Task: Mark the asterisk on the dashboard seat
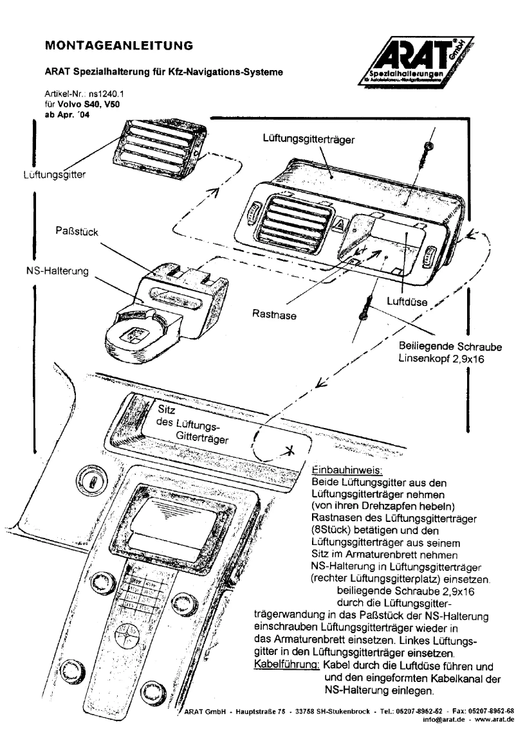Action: [x=290, y=451]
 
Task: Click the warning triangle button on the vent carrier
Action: [x=339, y=225]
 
